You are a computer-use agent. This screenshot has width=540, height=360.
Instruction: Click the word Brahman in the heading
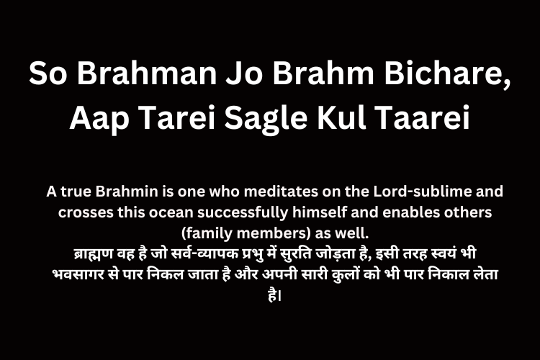tap(147, 73)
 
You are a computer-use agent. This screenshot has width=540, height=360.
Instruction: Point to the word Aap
tap(99, 119)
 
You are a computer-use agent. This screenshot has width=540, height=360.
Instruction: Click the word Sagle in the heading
tap(266, 119)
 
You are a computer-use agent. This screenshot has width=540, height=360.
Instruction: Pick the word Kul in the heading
tap(341, 117)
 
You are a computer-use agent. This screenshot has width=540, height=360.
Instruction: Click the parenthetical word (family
tap(207, 234)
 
